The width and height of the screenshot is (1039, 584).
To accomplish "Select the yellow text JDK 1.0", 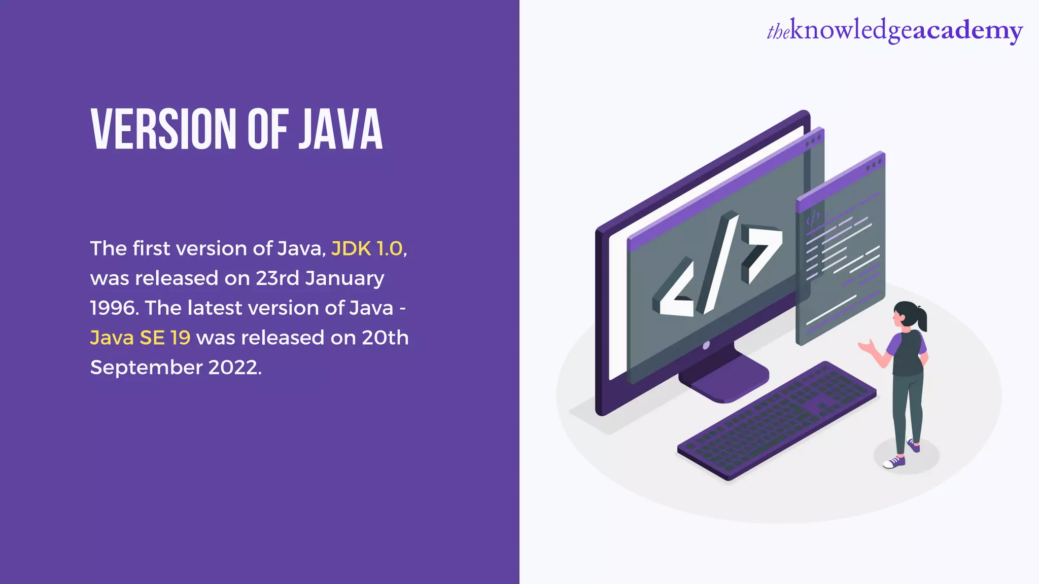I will point(367,248).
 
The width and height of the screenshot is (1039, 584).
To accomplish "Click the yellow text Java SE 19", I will point(140,338).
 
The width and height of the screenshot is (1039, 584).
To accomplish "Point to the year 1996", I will point(113,308).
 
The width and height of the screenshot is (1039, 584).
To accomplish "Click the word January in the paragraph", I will point(344,278).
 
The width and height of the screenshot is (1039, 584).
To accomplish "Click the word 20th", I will point(385,338).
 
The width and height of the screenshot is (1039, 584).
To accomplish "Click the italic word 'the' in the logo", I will point(778,32).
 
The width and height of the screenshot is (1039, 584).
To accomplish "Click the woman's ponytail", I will point(921,318).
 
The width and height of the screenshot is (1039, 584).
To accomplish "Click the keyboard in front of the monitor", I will point(776,421).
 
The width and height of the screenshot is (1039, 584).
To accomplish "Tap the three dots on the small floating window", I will point(874,165).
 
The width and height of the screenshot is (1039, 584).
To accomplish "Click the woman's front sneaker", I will point(894,462).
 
